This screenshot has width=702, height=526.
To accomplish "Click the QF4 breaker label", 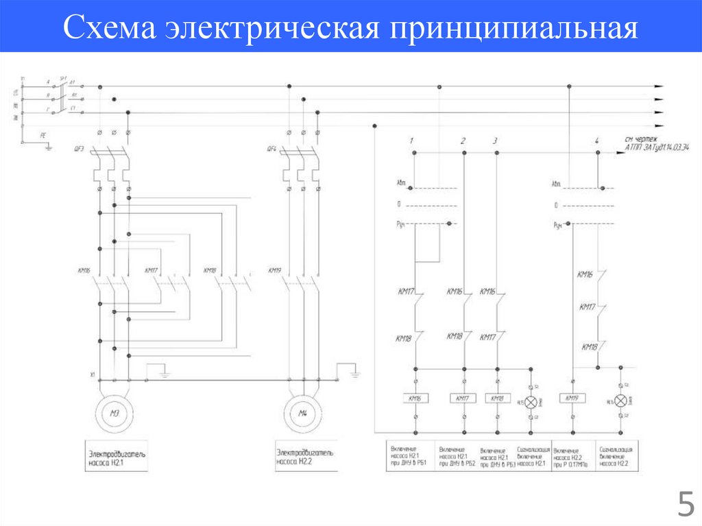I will coord(271,149).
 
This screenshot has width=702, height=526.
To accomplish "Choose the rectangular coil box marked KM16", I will coord(416,398).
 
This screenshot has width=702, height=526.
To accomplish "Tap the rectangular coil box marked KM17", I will coord(463,398).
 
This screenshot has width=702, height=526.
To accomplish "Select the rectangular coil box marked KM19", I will coord(572,398).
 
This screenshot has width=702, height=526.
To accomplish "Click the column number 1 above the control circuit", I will coord(411,141).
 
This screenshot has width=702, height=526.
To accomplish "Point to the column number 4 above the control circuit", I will coord(597,141).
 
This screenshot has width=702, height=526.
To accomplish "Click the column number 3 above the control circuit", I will coord(496,141).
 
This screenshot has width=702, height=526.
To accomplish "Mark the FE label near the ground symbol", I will coord(43,136).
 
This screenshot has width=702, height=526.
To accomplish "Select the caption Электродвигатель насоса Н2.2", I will coord(306,456).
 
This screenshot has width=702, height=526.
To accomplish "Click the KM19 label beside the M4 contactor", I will coord(274,270).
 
